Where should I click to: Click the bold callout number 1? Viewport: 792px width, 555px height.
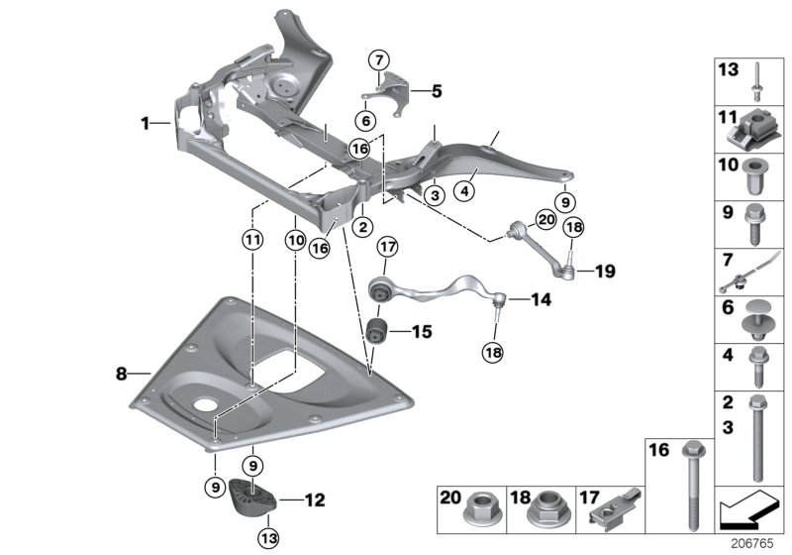pos(146,124)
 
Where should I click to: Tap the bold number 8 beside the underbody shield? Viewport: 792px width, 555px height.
pos(121,374)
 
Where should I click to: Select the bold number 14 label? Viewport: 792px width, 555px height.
pos(541,298)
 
